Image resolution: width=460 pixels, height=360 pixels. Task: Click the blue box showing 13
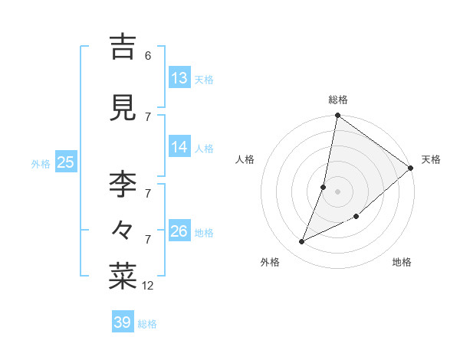pos(179,78)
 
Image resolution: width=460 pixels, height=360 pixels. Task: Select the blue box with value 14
pos(179,147)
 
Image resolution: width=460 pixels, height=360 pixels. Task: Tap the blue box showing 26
pos(179,231)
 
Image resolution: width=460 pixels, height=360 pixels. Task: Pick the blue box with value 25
pos(65,162)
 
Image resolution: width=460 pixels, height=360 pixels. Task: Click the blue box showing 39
pos(123,322)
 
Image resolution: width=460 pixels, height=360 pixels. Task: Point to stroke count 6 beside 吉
pos(147,56)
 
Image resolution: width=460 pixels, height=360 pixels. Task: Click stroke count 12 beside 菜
pos(148,286)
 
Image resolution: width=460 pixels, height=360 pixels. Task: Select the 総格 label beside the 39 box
pos(147,324)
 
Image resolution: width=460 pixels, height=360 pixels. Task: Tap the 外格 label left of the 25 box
pos(41,163)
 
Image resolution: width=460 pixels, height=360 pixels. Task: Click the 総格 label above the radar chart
pos(338,100)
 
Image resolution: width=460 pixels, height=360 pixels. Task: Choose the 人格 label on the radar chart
pos(245,159)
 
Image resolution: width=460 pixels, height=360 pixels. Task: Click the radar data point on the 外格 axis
pos(302,242)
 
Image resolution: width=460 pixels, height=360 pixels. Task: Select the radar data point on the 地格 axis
pos(356,217)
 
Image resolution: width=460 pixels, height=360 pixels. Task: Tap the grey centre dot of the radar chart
pos(338,191)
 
